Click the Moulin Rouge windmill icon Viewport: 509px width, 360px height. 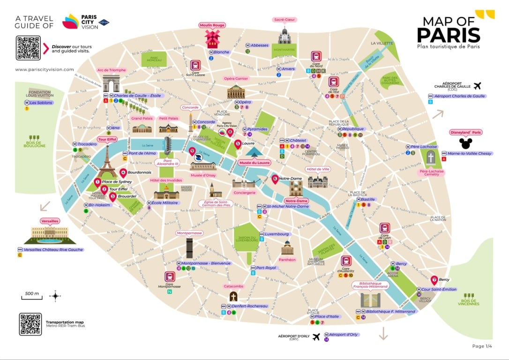pos(212,39)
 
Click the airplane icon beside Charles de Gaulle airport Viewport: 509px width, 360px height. pos(477,86)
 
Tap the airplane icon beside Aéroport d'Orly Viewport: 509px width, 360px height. pos(316,337)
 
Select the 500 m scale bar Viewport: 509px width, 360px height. pos(31,296)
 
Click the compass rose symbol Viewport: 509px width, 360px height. pos(55,296)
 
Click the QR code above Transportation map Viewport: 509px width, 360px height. pos(30,324)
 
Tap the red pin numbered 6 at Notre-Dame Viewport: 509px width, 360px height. pos(275,179)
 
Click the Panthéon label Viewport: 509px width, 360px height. pos(287,259)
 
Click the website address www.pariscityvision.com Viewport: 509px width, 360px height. pos(45,69)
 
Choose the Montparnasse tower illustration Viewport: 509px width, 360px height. pos(189,247)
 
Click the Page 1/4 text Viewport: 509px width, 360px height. pos(482,346)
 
